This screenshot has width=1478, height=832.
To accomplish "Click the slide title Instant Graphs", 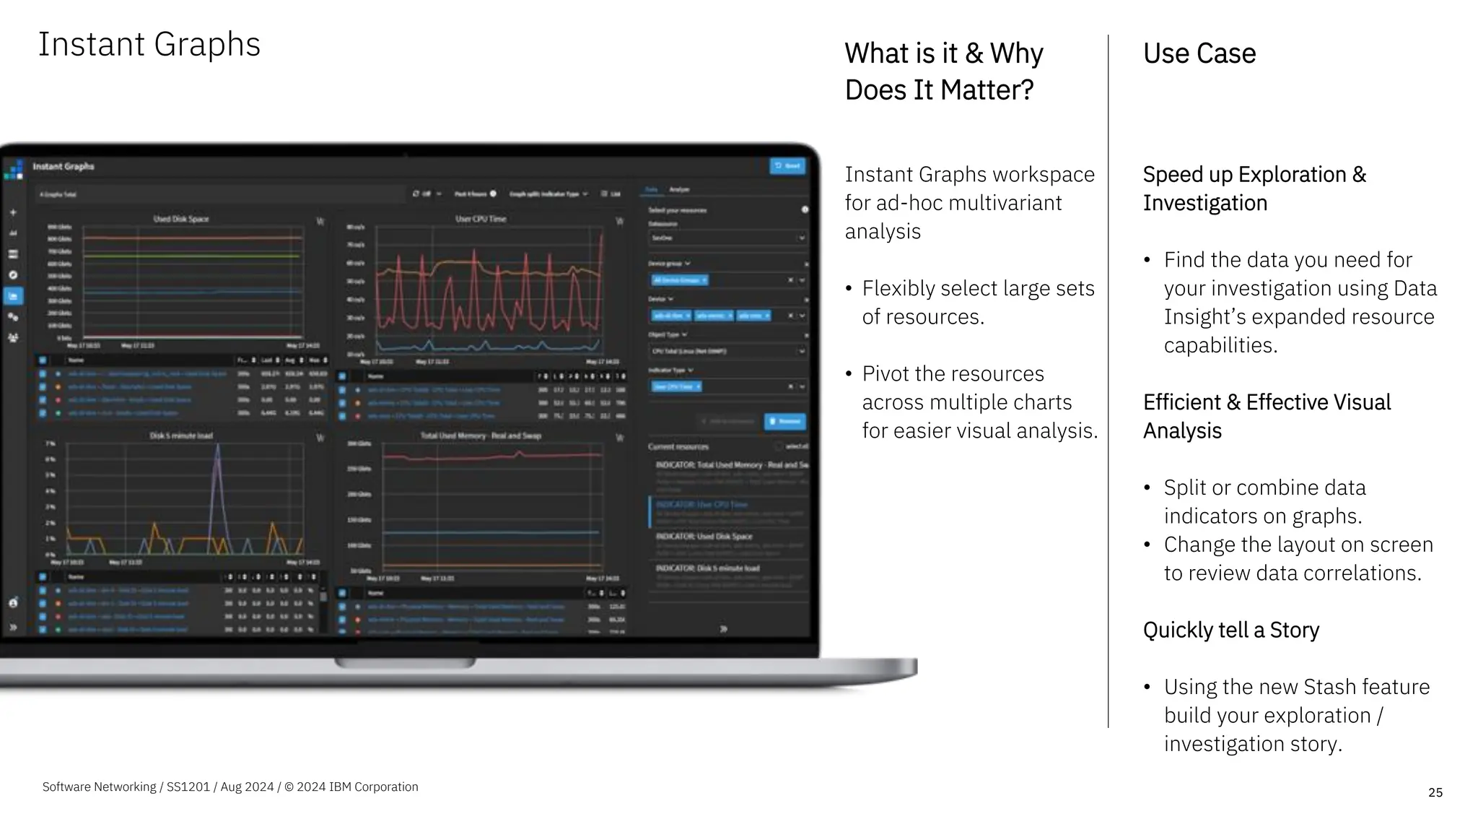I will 149,45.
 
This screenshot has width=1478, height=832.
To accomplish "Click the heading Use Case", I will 1199,53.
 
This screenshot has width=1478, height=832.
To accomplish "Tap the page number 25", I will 1435,792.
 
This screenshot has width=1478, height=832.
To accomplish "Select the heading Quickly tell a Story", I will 1230,630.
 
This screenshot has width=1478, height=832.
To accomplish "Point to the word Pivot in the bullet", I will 891,373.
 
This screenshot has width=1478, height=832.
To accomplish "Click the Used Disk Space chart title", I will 180,219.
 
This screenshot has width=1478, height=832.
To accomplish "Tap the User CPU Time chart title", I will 481,219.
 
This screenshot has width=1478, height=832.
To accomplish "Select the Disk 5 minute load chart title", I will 181,435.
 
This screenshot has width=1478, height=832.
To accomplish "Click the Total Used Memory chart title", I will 481,435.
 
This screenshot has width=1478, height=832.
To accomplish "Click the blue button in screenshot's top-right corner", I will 787,166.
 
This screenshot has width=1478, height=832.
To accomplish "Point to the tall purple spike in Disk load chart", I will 218,469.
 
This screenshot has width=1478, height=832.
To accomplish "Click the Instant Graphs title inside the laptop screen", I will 64,167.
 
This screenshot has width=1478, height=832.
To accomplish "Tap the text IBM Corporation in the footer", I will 373,786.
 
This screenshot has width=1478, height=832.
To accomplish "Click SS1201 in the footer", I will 188,786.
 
